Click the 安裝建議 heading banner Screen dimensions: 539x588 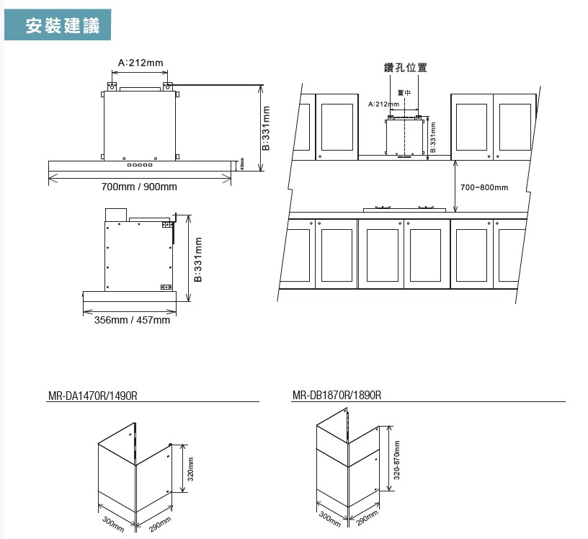coord(59,26)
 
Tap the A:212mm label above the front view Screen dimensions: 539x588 coord(141,63)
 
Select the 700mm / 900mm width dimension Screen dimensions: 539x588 coord(139,187)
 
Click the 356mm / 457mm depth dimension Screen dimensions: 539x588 coord(132,320)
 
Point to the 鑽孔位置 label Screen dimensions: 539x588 coord(405,68)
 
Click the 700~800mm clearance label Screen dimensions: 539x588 coord(484,188)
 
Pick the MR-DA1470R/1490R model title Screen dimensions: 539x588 coord(92,396)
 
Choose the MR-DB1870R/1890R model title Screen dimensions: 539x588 coord(337,396)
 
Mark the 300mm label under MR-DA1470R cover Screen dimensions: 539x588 coord(113,524)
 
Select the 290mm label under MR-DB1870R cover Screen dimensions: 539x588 coord(367,518)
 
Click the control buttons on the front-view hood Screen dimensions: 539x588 coord(139,166)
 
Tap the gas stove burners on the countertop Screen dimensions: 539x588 coord(404,209)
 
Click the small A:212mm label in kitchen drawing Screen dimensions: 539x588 coord(383,104)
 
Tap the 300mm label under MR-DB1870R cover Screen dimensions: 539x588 coord(331,518)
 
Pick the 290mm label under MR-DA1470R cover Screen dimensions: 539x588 coord(160,524)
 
